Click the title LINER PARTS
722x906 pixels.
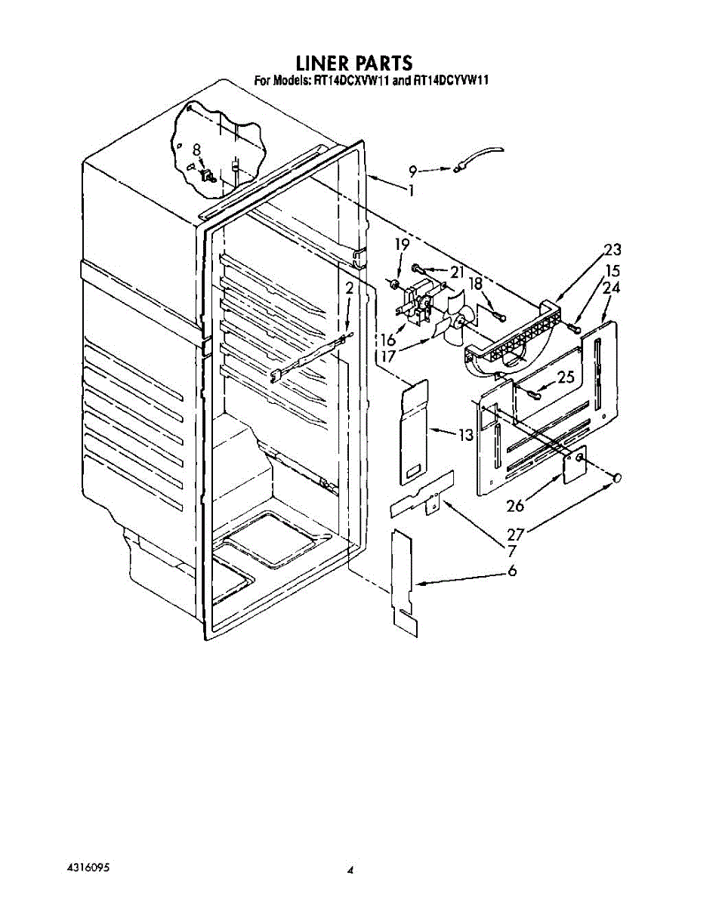pos(354,62)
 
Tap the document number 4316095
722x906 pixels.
pos(88,867)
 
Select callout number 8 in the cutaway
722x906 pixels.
pos(196,149)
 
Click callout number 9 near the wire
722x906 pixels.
pos(413,171)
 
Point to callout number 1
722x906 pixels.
pos(411,191)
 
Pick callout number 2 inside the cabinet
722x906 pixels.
pos(349,288)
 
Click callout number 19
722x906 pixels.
pos(402,245)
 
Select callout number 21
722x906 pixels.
pos(456,272)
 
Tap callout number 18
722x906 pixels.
pos(475,282)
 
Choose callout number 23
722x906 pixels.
pos(612,250)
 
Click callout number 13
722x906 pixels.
pos(465,434)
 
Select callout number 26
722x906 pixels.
pos(515,505)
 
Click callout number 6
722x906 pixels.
pos(512,571)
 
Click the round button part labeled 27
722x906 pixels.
pos(617,478)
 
